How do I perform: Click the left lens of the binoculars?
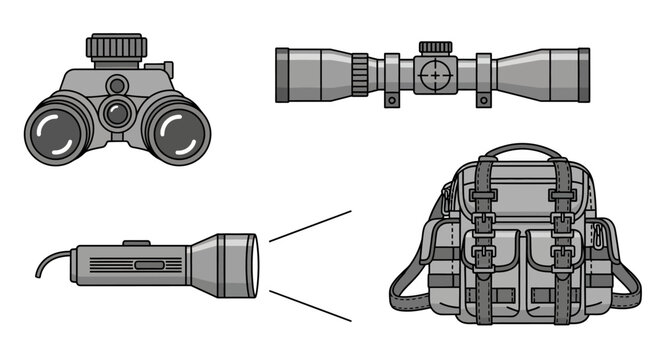[57, 134]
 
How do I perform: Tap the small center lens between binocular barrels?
[118, 112]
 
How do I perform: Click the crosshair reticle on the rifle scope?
[434, 73]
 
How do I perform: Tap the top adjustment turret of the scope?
[435, 48]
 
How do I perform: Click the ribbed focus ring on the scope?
[359, 73]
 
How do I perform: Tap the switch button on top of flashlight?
[135, 243]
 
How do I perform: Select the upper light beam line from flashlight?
[310, 226]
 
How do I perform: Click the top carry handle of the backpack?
[519, 152]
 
